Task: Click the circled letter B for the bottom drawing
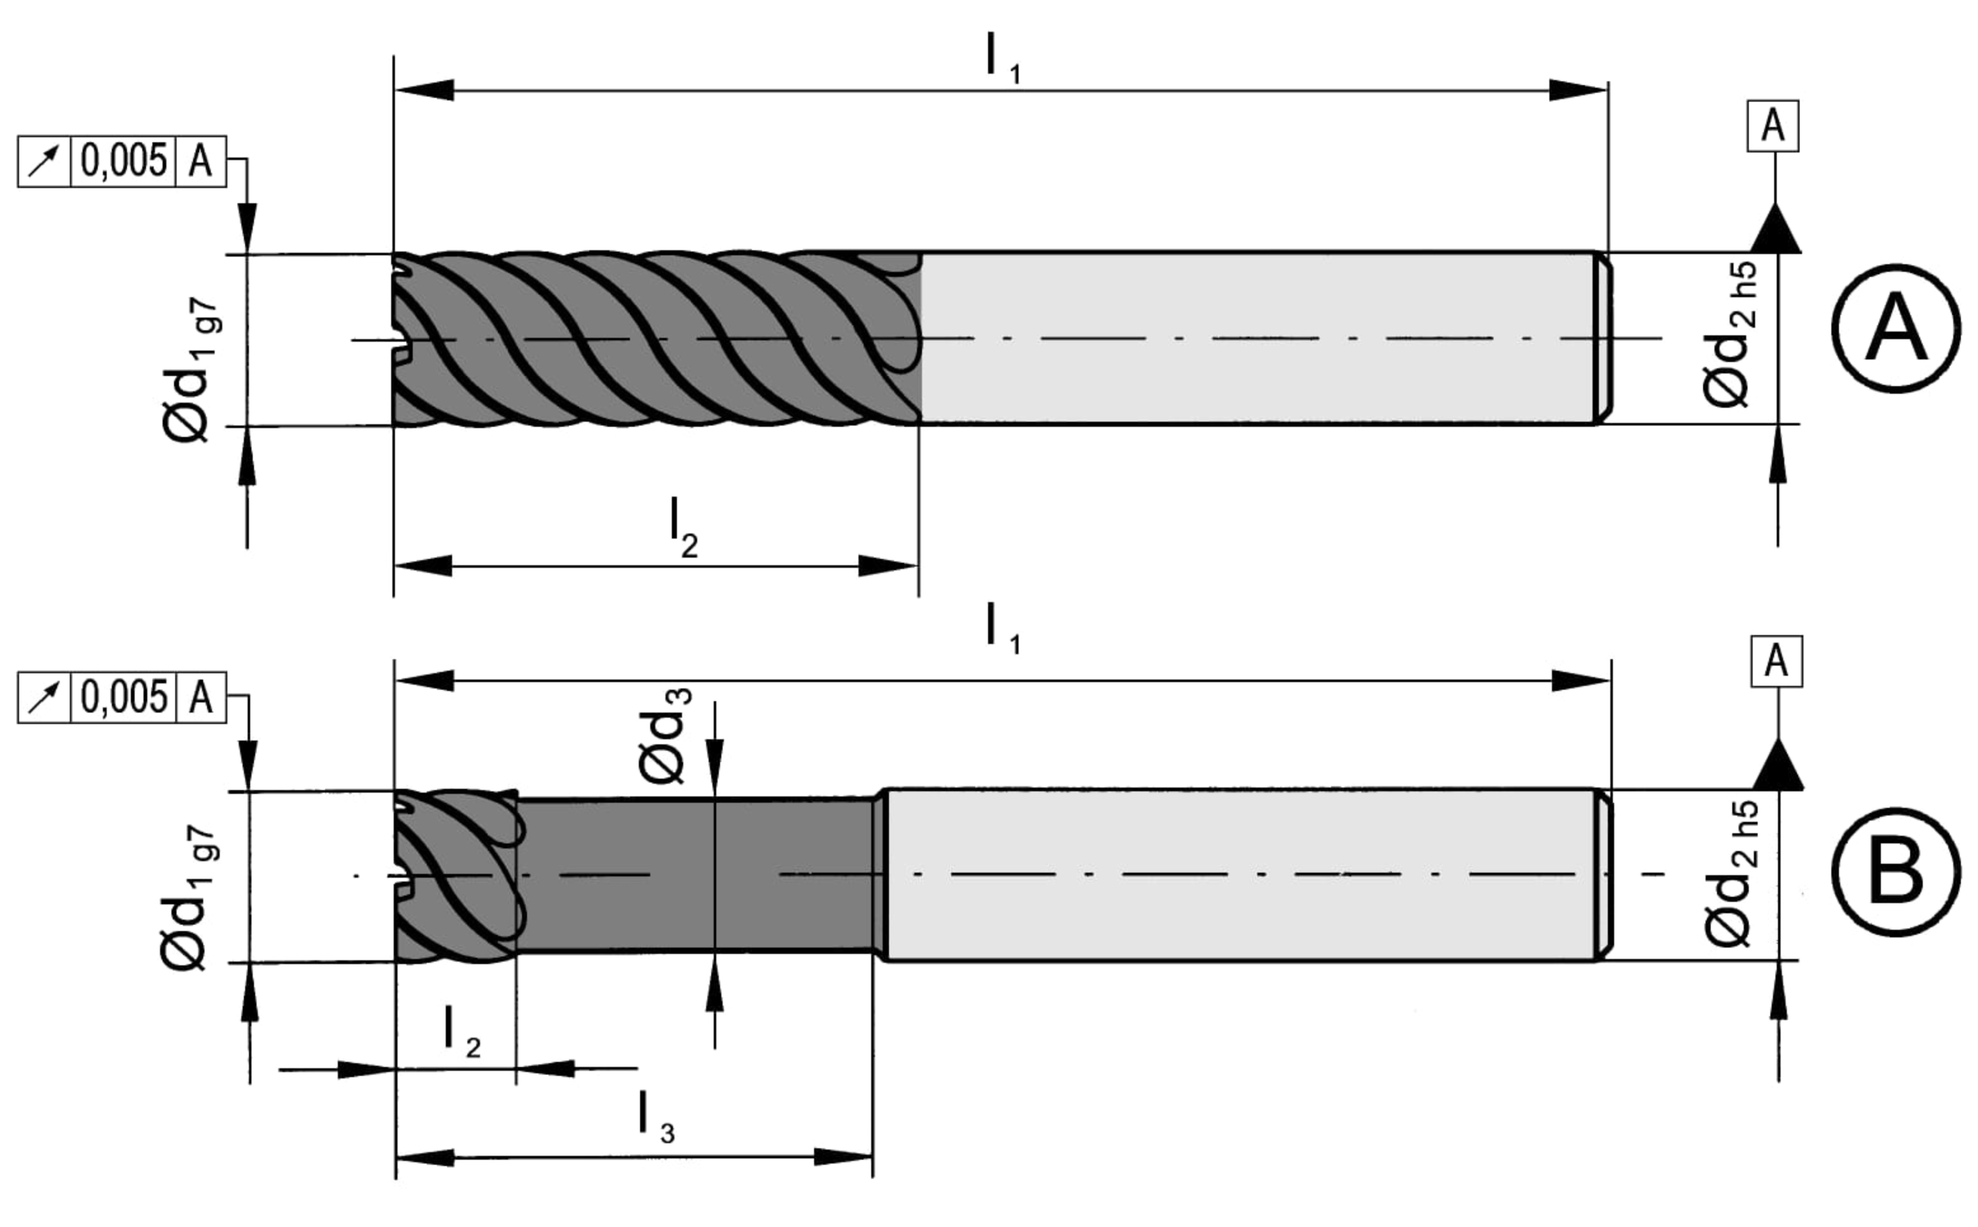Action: (1895, 873)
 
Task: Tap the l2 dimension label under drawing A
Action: (683, 531)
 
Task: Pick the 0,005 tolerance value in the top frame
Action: (123, 161)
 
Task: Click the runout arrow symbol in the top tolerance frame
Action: (44, 161)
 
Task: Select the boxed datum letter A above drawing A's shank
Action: (1773, 126)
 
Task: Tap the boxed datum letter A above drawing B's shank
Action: (1776, 661)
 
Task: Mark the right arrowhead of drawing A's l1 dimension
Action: (1578, 90)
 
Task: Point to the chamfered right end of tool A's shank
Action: (1603, 338)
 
